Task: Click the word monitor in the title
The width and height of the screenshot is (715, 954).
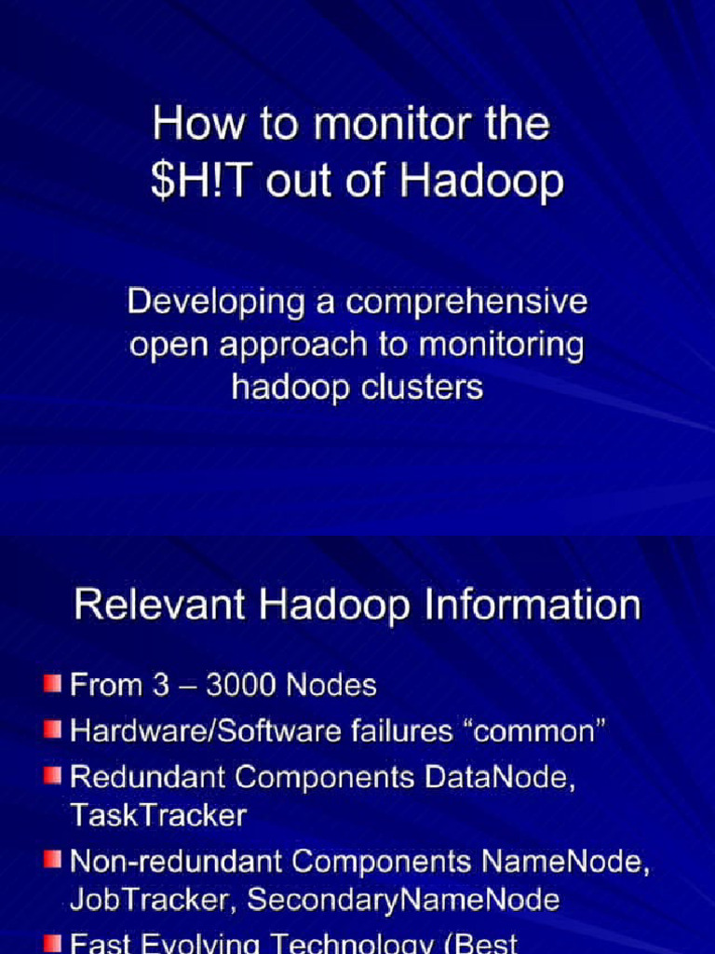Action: pos(373,126)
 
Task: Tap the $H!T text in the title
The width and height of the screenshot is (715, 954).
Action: pos(204,181)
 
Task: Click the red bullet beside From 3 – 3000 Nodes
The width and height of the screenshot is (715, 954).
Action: pos(51,685)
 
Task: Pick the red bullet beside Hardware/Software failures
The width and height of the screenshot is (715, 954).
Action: pos(51,729)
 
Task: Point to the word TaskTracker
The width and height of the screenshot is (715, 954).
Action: pos(158,816)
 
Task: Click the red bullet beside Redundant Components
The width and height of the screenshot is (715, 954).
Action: pos(51,774)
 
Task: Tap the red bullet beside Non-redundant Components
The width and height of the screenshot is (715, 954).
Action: pos(51,859)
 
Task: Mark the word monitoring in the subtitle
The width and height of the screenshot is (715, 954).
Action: pos(502,345)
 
